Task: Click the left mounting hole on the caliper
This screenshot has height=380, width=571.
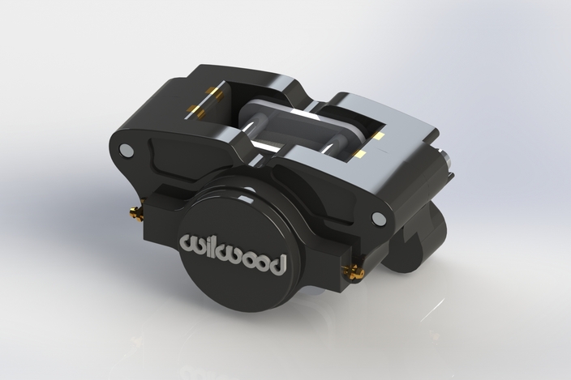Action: pyautogui.click(x=126, y=151)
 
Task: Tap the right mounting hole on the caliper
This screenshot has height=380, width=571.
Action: pyautogui.click(x=378, y=218)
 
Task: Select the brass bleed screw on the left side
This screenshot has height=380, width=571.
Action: pyautogui.click(x=135, y=213)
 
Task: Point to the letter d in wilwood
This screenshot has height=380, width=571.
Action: pyautogui.click(x=277, y=263)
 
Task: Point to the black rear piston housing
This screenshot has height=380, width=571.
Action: pyautogui.click(x=418, y=235)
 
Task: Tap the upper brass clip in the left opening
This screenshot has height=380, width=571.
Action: pyautogui.click(x=215, y=93)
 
